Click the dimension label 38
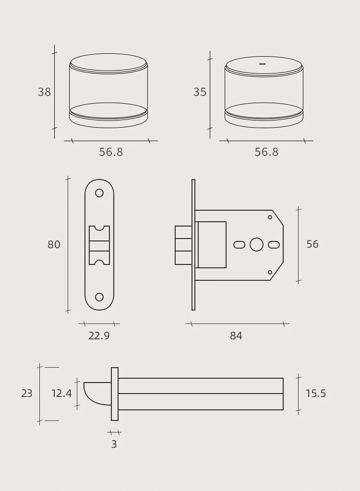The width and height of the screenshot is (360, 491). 44,92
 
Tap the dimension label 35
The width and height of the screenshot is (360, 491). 200,92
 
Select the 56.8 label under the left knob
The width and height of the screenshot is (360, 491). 111,152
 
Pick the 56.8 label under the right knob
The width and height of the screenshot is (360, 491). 266,152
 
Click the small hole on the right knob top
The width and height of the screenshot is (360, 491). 263,64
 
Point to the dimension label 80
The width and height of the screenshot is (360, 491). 54,245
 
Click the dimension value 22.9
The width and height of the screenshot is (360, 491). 99,335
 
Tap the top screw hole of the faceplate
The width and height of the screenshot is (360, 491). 99,193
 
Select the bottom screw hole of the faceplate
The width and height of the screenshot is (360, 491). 99,297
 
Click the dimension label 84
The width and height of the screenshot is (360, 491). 236,336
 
